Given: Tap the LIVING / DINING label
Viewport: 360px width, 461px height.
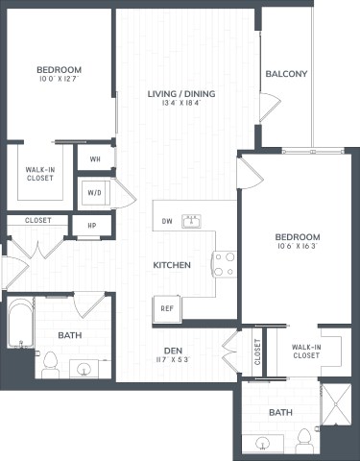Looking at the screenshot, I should pyautogui.click(x=180, y=94).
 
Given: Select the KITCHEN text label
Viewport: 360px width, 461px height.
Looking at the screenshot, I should pyautogui.click(x=173, y=264).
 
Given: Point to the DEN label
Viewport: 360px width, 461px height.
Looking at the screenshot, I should pyautogui.click(x=173, y=350).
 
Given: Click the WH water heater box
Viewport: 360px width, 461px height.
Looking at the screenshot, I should pyautogui.click(x=96, y=158).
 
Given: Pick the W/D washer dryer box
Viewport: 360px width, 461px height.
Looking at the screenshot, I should pyautogui.click(x=95, y=193).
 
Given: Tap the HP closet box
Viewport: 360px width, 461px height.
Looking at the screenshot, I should pyautogui.click(x=92, y=228).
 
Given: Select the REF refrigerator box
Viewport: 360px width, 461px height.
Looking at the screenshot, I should pyautogui.click(x=166, y=308).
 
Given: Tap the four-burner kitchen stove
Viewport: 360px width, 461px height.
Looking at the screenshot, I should pyautogui.click(x=224, y=263).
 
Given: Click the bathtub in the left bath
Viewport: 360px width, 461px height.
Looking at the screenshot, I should pyautogui.click(x=19, y=327).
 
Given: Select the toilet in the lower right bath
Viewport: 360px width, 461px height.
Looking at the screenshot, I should pyautogui.click(x=305, y=440).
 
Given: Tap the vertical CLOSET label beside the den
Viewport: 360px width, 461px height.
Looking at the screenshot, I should pyautogui.click(x=257, y=353).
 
